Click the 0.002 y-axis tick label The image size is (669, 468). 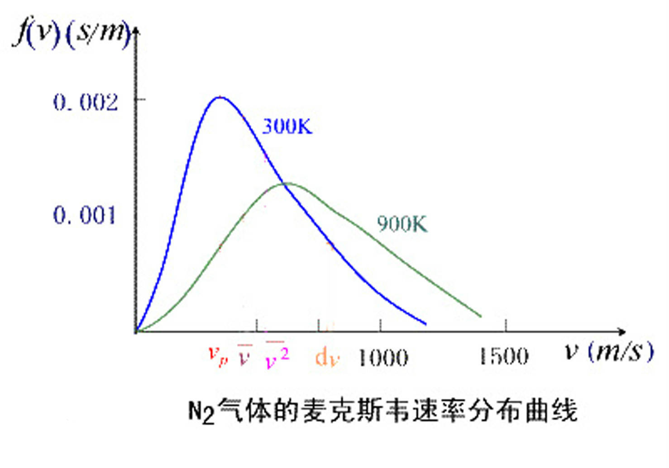tap(86, 102)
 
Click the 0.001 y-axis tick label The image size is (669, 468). tap(85, 215)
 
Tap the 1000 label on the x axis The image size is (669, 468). tap(383, 358)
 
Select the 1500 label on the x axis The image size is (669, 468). tap(504, 356)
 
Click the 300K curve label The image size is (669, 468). tap(287, 126)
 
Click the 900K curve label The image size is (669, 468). tap(402, 224)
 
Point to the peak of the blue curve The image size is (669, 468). tap(220, 97)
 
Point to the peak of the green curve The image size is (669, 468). tap(286, 183)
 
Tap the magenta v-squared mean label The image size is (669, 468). tap(277, 356)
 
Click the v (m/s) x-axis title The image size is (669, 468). tap(609, 351)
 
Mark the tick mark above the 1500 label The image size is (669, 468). tap(506, 325)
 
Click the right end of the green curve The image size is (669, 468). tap(480, 316)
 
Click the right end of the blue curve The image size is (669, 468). tap(425, 324)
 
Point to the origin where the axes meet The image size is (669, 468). tap(136, 331)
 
